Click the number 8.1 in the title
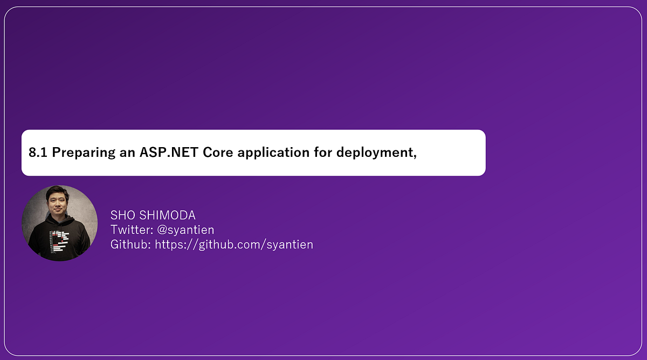pos(38,153)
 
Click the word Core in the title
pos(219,153)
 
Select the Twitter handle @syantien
pos(186,230)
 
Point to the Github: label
pos(131,245)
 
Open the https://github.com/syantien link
pos(234,245)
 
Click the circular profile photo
pos(59,223)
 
